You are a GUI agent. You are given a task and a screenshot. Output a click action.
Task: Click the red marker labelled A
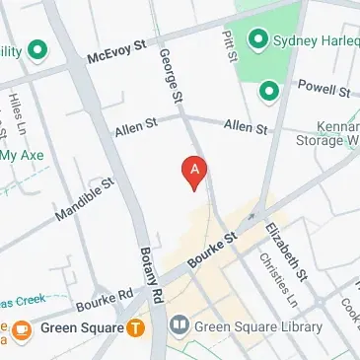[x=195, y=171]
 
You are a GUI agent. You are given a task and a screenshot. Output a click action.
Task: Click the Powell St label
[x=323, y=89]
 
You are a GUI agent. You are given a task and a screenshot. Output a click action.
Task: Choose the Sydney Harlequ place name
[x=317, y=40]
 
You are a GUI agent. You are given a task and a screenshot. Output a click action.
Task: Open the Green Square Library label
[x=259, y=326]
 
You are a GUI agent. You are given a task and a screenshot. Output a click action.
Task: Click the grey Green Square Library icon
[x=179, y=325]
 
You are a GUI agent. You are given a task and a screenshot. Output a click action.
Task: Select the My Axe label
[x=22, y=154]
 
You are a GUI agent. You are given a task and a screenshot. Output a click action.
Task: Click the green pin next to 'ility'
[x=39, y=49]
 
